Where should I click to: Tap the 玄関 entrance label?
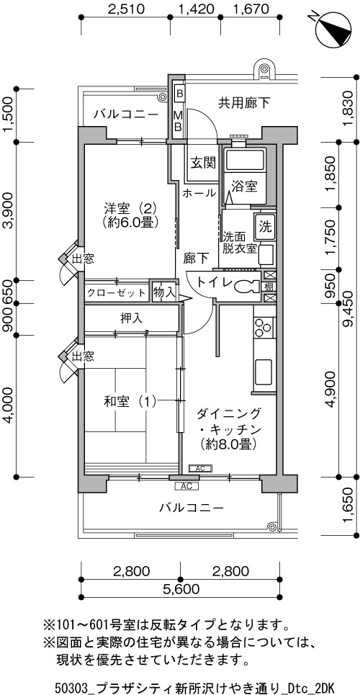[204, 163]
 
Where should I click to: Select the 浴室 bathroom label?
[245, 187]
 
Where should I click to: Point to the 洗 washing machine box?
[265, 227]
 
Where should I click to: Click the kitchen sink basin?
[264, 372]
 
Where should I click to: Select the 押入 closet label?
[131, 318]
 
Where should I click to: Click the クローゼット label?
[116, 293]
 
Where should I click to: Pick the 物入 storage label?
[164, 292]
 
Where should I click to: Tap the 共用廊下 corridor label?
[244, 103]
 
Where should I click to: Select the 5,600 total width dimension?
[181, 589]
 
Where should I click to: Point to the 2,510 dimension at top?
[126, 9]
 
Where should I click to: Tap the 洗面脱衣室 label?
[240, 242]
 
